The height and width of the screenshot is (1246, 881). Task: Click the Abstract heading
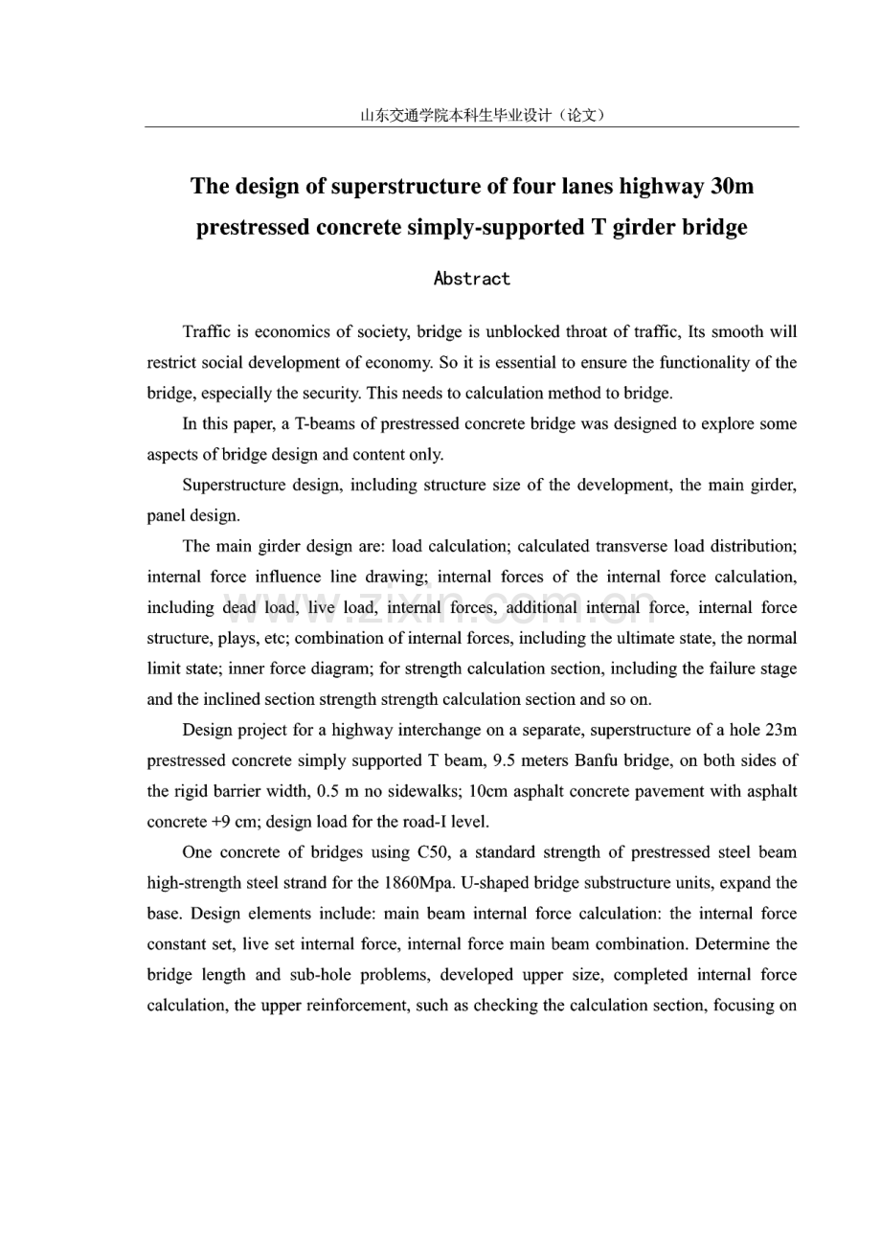tap(471, 279)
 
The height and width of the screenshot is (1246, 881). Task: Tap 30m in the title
tap(732, 186)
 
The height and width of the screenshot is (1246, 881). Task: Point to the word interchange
tap(426, 731)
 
